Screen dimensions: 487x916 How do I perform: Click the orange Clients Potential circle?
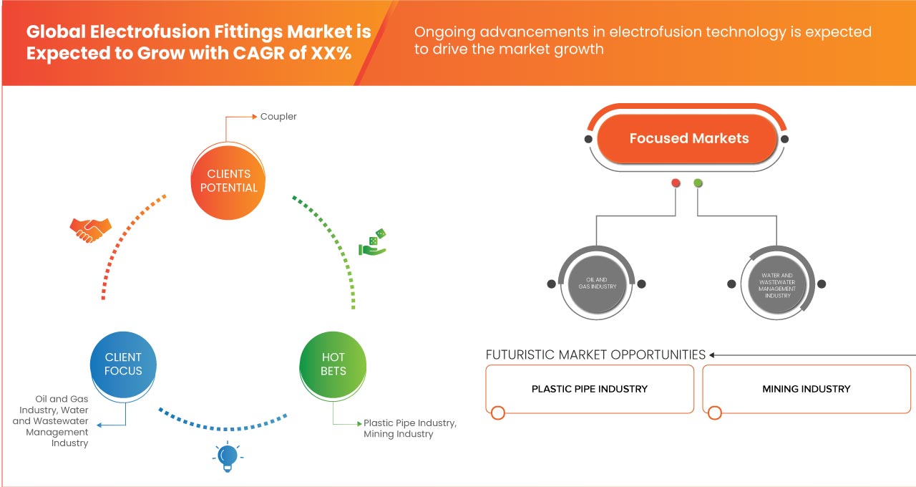coord(229,180)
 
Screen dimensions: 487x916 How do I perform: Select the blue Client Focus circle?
coord(123,364)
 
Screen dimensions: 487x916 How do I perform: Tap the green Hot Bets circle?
coord(333,364)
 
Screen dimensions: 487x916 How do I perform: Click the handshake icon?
coord(90,229)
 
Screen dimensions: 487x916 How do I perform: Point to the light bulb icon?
coord(227,456)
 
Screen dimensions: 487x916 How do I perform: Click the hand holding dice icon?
coord(373,243)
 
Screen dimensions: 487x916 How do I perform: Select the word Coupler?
coord(278,116)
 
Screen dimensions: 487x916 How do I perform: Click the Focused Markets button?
coord(688,138)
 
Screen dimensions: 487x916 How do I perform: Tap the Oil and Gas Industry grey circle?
coord(597,283)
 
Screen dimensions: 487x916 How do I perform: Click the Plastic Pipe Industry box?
coord(590,389)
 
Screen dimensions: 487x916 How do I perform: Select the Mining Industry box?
coord(806,389)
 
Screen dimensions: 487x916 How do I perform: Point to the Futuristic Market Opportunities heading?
coord(595,355)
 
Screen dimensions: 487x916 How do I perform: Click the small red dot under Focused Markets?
coord(676,183)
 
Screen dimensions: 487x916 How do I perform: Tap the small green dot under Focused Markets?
coord(698,183)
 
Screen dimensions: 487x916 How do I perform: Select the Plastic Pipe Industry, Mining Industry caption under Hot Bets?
coord(409,428)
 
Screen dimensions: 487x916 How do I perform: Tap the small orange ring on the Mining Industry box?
coord(714,413)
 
